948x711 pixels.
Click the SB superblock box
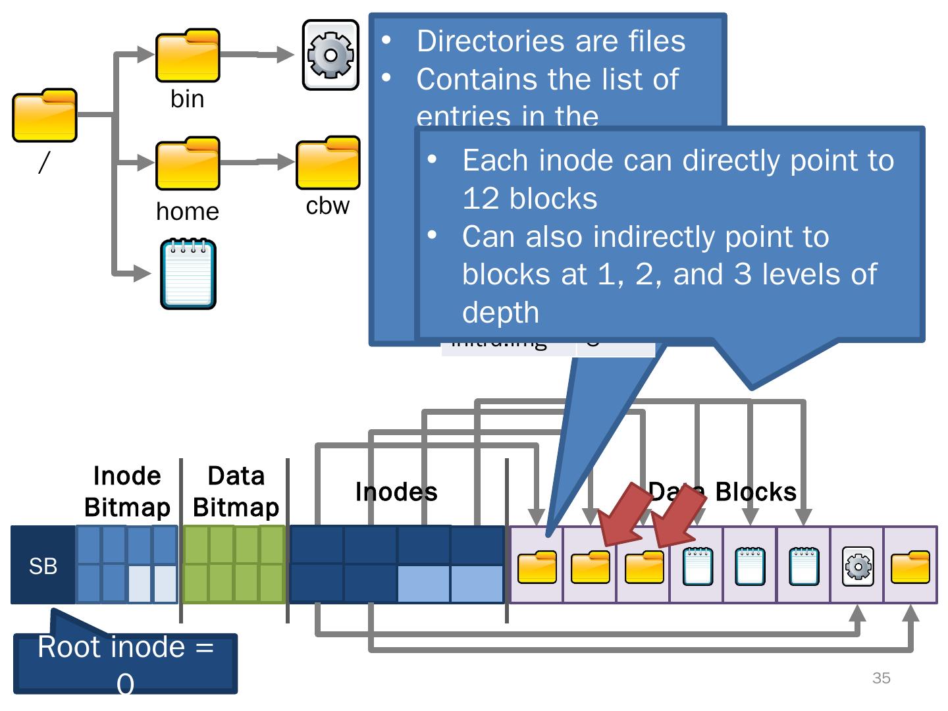(x=43, y=566)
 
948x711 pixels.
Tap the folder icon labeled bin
(x=188, y=55)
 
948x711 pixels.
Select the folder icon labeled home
(x=188, y=163)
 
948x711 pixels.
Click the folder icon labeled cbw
(x=328, y=163)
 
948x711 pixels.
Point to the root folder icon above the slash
(x=45, y=115)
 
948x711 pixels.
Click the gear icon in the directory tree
(x=330, y=55)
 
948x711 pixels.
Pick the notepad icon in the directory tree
(x=188, y=275)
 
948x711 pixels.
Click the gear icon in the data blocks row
(x=858, y=566)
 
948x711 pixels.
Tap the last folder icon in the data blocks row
(x=910, y=567)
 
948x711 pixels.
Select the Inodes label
(x=396, y=492)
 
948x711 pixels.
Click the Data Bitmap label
(x=236, y=491)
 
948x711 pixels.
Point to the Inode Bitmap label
(x=127, y=491)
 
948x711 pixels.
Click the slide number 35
(x=881, y=678)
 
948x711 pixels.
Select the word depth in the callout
(x=500, y=312)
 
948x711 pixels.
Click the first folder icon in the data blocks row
(x=537, y=567)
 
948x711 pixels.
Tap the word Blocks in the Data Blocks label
(x=756, y=492)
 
